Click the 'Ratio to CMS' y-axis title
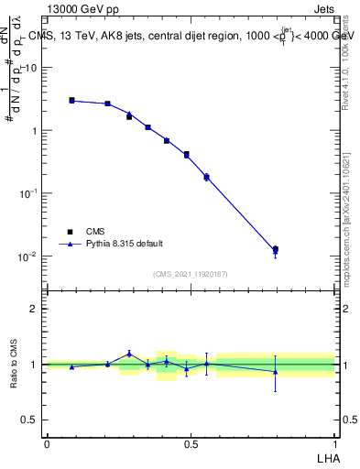coord(13,365)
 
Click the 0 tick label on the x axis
coord(47,444)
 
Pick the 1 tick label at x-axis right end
coord(334,444)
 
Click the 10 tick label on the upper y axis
coord(30,68)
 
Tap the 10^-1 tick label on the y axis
coord(28,193)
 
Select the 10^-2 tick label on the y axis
coord(28,256)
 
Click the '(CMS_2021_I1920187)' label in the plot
coord(190,274)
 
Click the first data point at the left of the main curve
coord(71,101)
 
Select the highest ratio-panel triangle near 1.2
coord(129,353)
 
